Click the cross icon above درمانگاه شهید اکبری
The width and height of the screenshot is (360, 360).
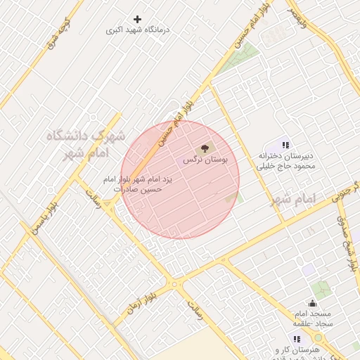(137, 19)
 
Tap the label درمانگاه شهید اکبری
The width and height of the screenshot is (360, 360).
(139, 31)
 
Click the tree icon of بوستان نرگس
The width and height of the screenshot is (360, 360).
(205, 148)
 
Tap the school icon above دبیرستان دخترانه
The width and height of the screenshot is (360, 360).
(285, 144)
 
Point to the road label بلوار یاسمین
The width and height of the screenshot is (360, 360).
(44, 218)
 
